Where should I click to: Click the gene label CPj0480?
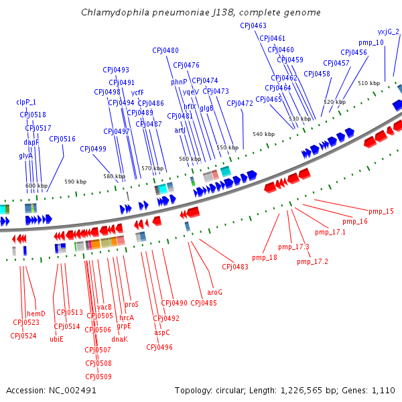(165, 50)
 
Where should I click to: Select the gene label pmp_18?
(265, 257)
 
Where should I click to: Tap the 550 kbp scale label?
(227, 147)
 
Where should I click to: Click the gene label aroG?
(215, 292)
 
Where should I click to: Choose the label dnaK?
(119, 339)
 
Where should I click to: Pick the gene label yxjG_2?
(388, 31)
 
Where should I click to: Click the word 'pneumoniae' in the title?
(163, 13)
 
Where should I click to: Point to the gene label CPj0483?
(235, 267)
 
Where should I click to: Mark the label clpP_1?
(26, 102)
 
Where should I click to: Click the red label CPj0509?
(98, 377)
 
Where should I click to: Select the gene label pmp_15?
(381, 212)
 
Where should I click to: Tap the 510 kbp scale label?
(368, 83)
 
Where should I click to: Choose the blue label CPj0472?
(240, 103)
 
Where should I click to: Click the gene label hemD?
(36, 314)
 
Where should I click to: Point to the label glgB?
(207, 108)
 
